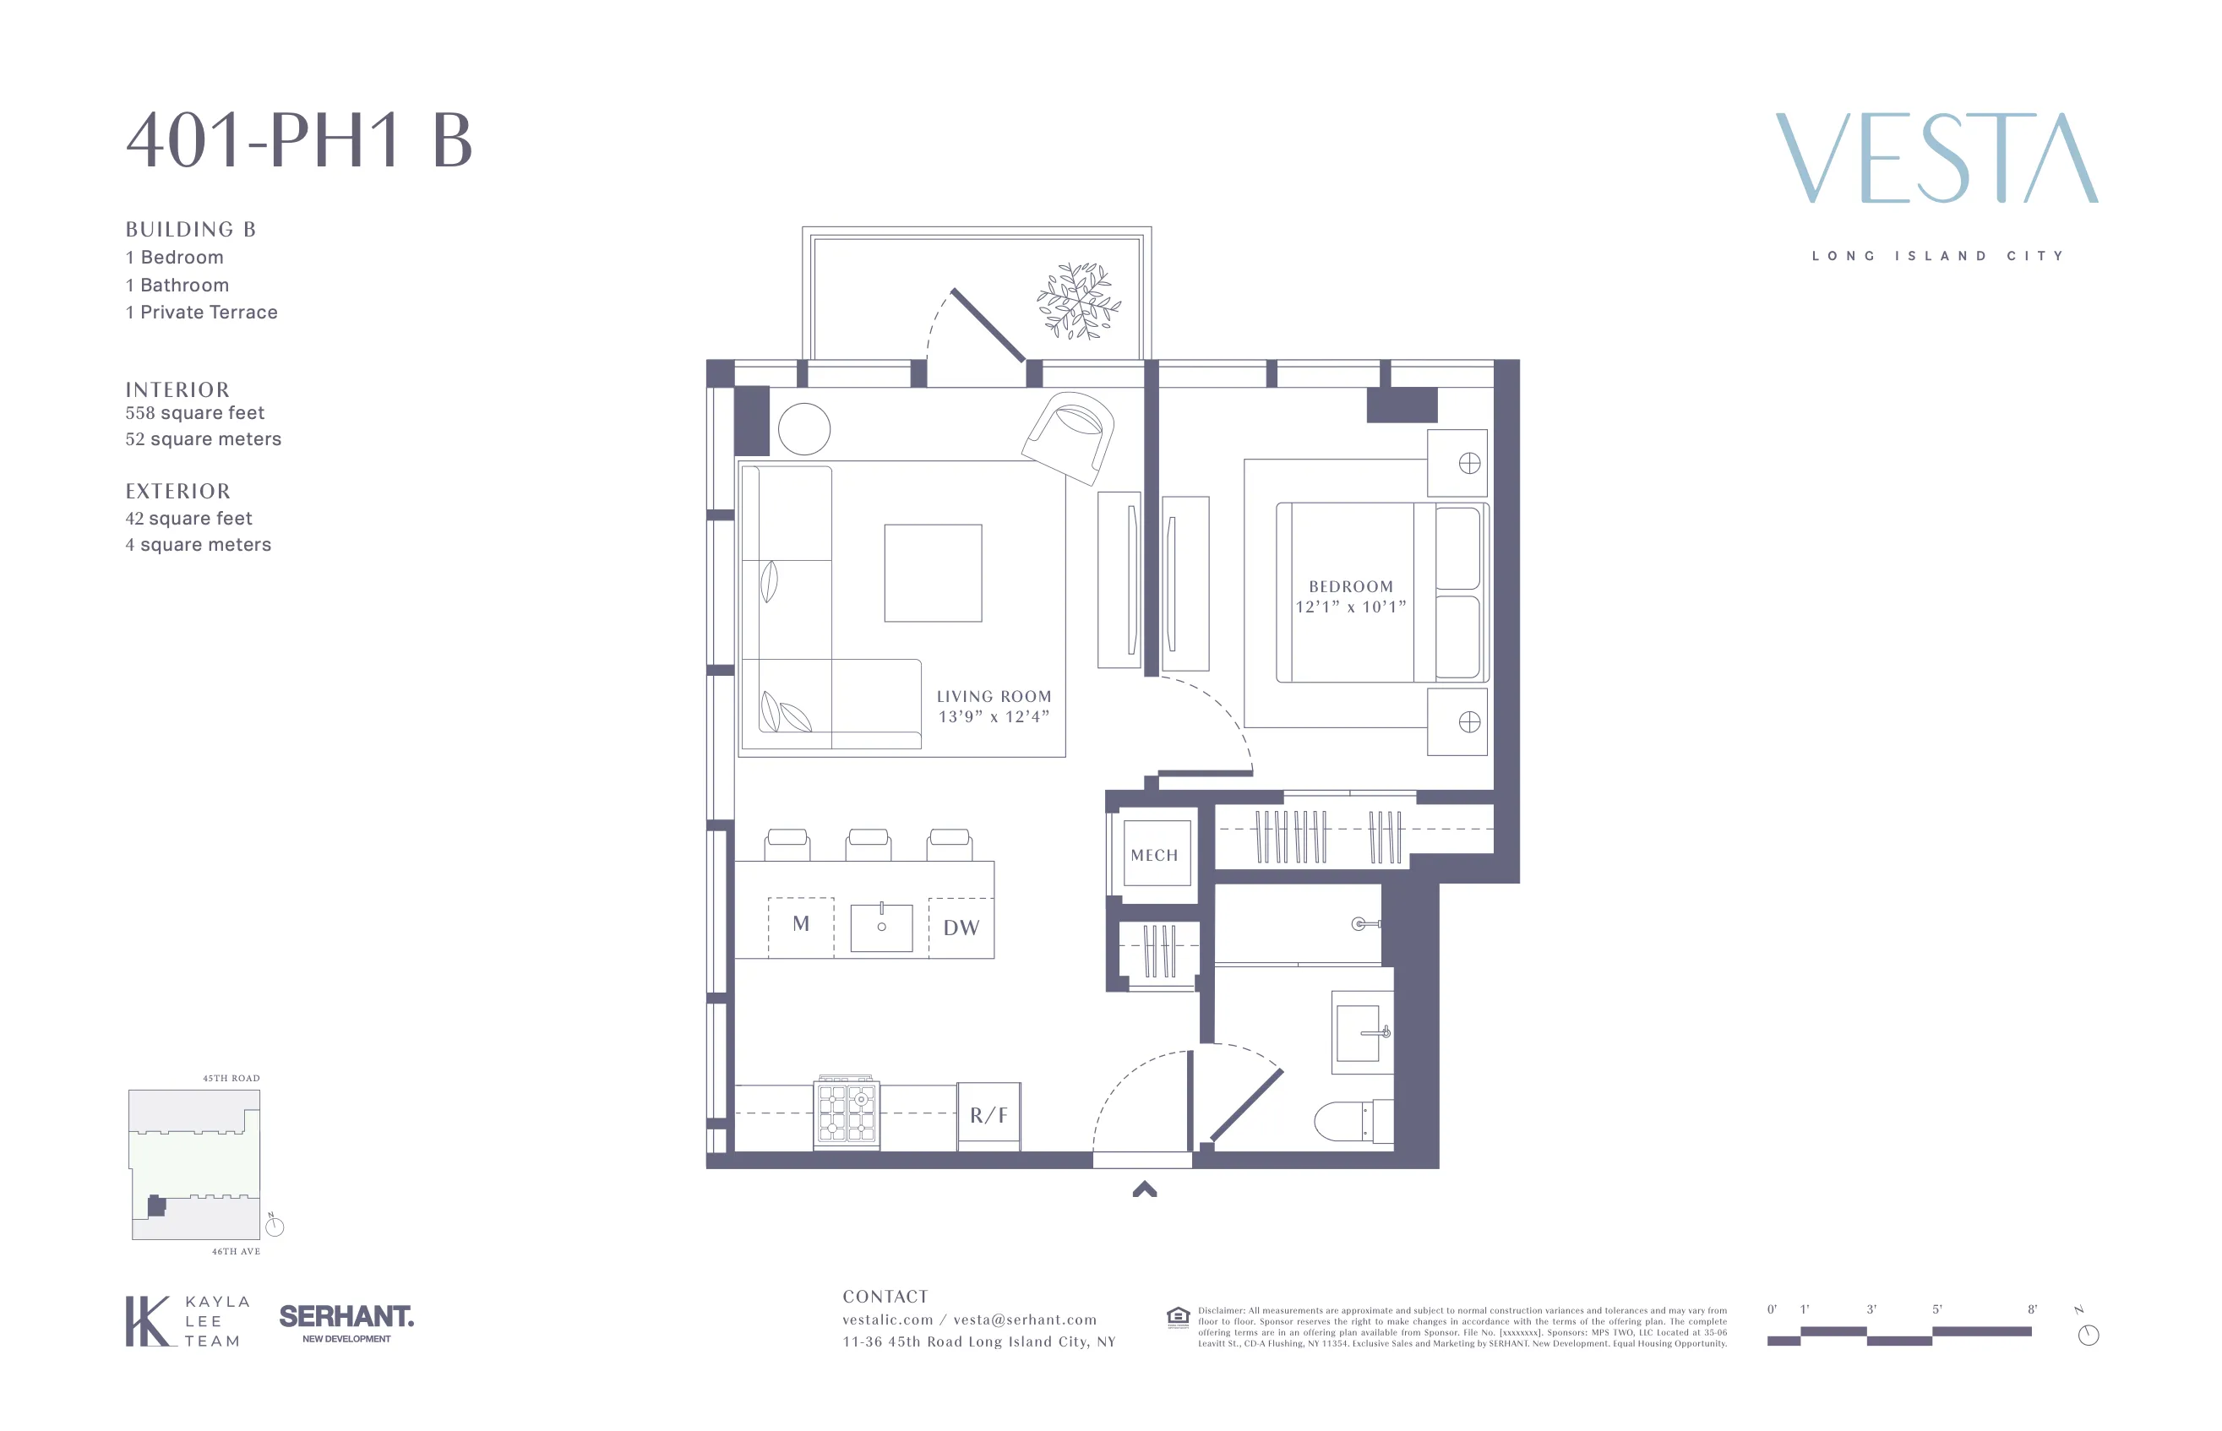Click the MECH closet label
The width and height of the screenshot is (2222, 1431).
pos(1153,855)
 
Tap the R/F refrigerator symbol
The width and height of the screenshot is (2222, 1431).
pos(988,1115)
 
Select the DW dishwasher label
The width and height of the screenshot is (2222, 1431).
pos(961,928)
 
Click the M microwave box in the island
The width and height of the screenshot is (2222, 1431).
pos(800,924)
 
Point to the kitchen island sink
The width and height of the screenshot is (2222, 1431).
pos(881,927)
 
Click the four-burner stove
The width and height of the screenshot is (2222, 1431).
pos(847,1113)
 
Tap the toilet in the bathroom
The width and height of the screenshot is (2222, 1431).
pos(1353,1122)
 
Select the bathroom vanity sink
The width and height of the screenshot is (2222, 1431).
pos(1360,1032)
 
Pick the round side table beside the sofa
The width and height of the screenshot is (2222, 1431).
pos(803,428)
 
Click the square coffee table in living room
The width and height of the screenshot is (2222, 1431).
pos(932,573)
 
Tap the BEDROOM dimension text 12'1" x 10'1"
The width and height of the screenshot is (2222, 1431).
pos(1349,607)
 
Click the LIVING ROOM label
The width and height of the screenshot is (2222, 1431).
pos(993,696)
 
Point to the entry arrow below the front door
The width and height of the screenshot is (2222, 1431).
pos(1144,1189)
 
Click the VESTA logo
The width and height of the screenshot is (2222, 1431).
pos(1936,158)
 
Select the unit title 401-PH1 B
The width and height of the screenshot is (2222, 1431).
pos(299,140)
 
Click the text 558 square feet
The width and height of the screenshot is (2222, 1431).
pos(195,412)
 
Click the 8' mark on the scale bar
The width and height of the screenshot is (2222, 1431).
pos(2032,1309)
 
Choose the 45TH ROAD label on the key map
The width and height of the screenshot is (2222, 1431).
pos(231,1078)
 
